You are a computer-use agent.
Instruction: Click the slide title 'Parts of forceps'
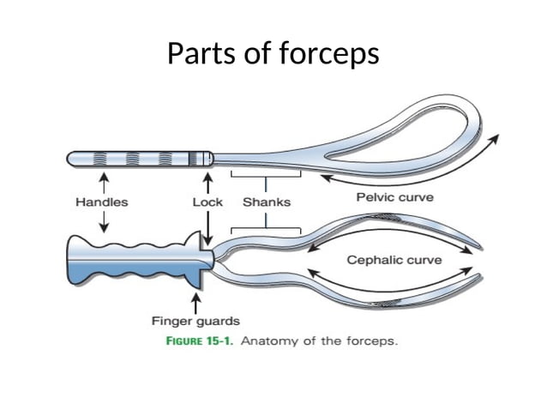point(273,54)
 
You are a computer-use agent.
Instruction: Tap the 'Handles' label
point(102,202)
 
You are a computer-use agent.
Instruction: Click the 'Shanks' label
point(267,202)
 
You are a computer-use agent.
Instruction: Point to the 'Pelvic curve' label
point(394,197)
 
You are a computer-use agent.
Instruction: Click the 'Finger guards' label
point(195,322)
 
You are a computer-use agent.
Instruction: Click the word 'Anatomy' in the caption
point(267,341)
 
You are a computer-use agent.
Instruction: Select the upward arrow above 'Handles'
point(104,182)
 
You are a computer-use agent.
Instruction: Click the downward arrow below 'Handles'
point(104,222)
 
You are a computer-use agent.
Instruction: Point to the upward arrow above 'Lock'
point(206,182)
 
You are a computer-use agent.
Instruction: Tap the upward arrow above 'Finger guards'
point(196,302)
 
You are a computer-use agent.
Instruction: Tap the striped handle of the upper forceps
point(137,159)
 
